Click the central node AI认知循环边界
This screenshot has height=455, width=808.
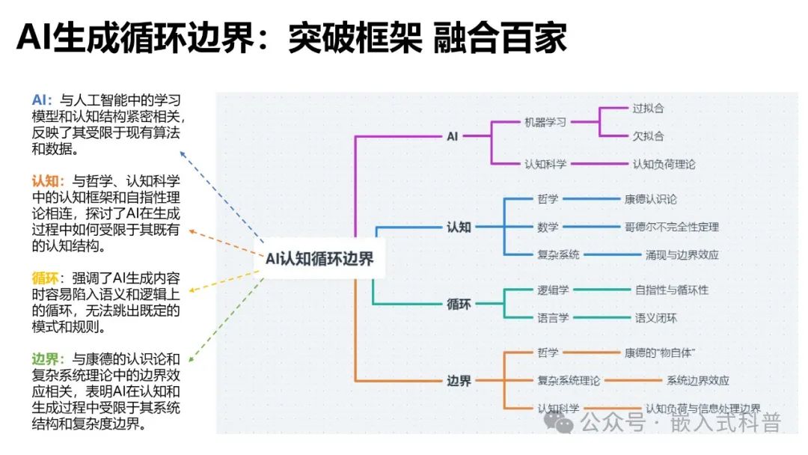pyautogui.click(x=319, y=259)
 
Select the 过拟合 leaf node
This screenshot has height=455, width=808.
pyautogui.click(x=648, y=108)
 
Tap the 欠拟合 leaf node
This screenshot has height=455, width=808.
pyautogui.click(x=648, y=136)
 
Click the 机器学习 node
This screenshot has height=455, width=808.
pyautogui.click(x=545, y=122)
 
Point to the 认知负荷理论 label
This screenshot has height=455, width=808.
pyautogui.click(x=664, y=164)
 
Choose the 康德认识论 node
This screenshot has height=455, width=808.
pyautogui.click(x=650, y=199)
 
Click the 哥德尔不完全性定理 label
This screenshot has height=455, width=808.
pyautogui.click(x=671, y=227)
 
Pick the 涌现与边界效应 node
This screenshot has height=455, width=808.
pyautogui.click(x=682, y=254)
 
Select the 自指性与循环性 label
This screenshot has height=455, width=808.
pyautogui.click(x=671, y=290)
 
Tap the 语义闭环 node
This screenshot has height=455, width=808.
pyautogui.click(x=655, y=317)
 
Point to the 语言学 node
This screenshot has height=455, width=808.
pyautogui.click(x=553, y=317)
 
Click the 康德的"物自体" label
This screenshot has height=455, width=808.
pyautogui.click(x=661, y=352)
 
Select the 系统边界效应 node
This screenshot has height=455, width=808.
pyautogui.click(x=697, y=380)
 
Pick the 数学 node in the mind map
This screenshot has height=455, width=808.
pyautogui.click(x=547, y=227)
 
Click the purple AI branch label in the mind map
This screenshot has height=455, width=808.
pyautogui.click(x=452, y=136)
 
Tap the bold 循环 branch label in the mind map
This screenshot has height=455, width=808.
pyautogui.click(x=459, y=304)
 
